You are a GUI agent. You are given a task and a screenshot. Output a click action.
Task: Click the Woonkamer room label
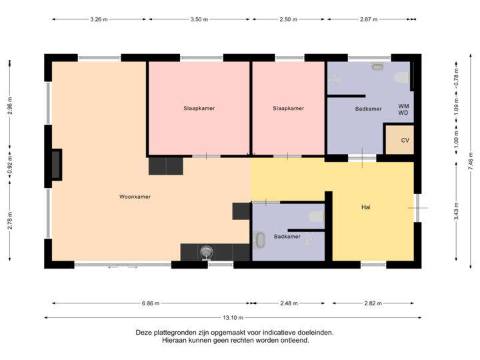135,197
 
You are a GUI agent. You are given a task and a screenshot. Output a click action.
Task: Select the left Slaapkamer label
199,108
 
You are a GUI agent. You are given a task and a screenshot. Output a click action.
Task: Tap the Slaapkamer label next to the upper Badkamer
288,108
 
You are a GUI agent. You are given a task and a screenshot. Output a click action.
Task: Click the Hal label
365,207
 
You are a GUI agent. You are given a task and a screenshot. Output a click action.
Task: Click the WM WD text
403,109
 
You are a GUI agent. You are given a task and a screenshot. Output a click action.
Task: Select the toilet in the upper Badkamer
401,79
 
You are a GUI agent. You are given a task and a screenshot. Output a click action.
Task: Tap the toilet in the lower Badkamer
316,217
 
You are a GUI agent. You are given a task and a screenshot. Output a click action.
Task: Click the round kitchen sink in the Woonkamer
207,252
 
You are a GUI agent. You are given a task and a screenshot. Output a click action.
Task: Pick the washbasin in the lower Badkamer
260,240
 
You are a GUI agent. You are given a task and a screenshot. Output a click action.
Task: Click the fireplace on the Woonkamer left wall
56,164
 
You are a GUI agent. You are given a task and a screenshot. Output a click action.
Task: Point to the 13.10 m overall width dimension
233,317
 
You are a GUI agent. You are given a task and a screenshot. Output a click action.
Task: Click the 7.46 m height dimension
471,161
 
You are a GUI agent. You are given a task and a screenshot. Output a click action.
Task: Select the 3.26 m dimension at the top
99,20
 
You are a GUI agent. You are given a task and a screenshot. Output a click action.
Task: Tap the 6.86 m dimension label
151,303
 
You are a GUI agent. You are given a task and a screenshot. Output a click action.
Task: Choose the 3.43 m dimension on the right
457,211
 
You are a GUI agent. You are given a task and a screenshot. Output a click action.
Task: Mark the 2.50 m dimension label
288,20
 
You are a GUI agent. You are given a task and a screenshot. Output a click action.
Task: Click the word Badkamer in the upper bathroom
368,108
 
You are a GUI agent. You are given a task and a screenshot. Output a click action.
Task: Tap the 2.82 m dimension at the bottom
373,303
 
